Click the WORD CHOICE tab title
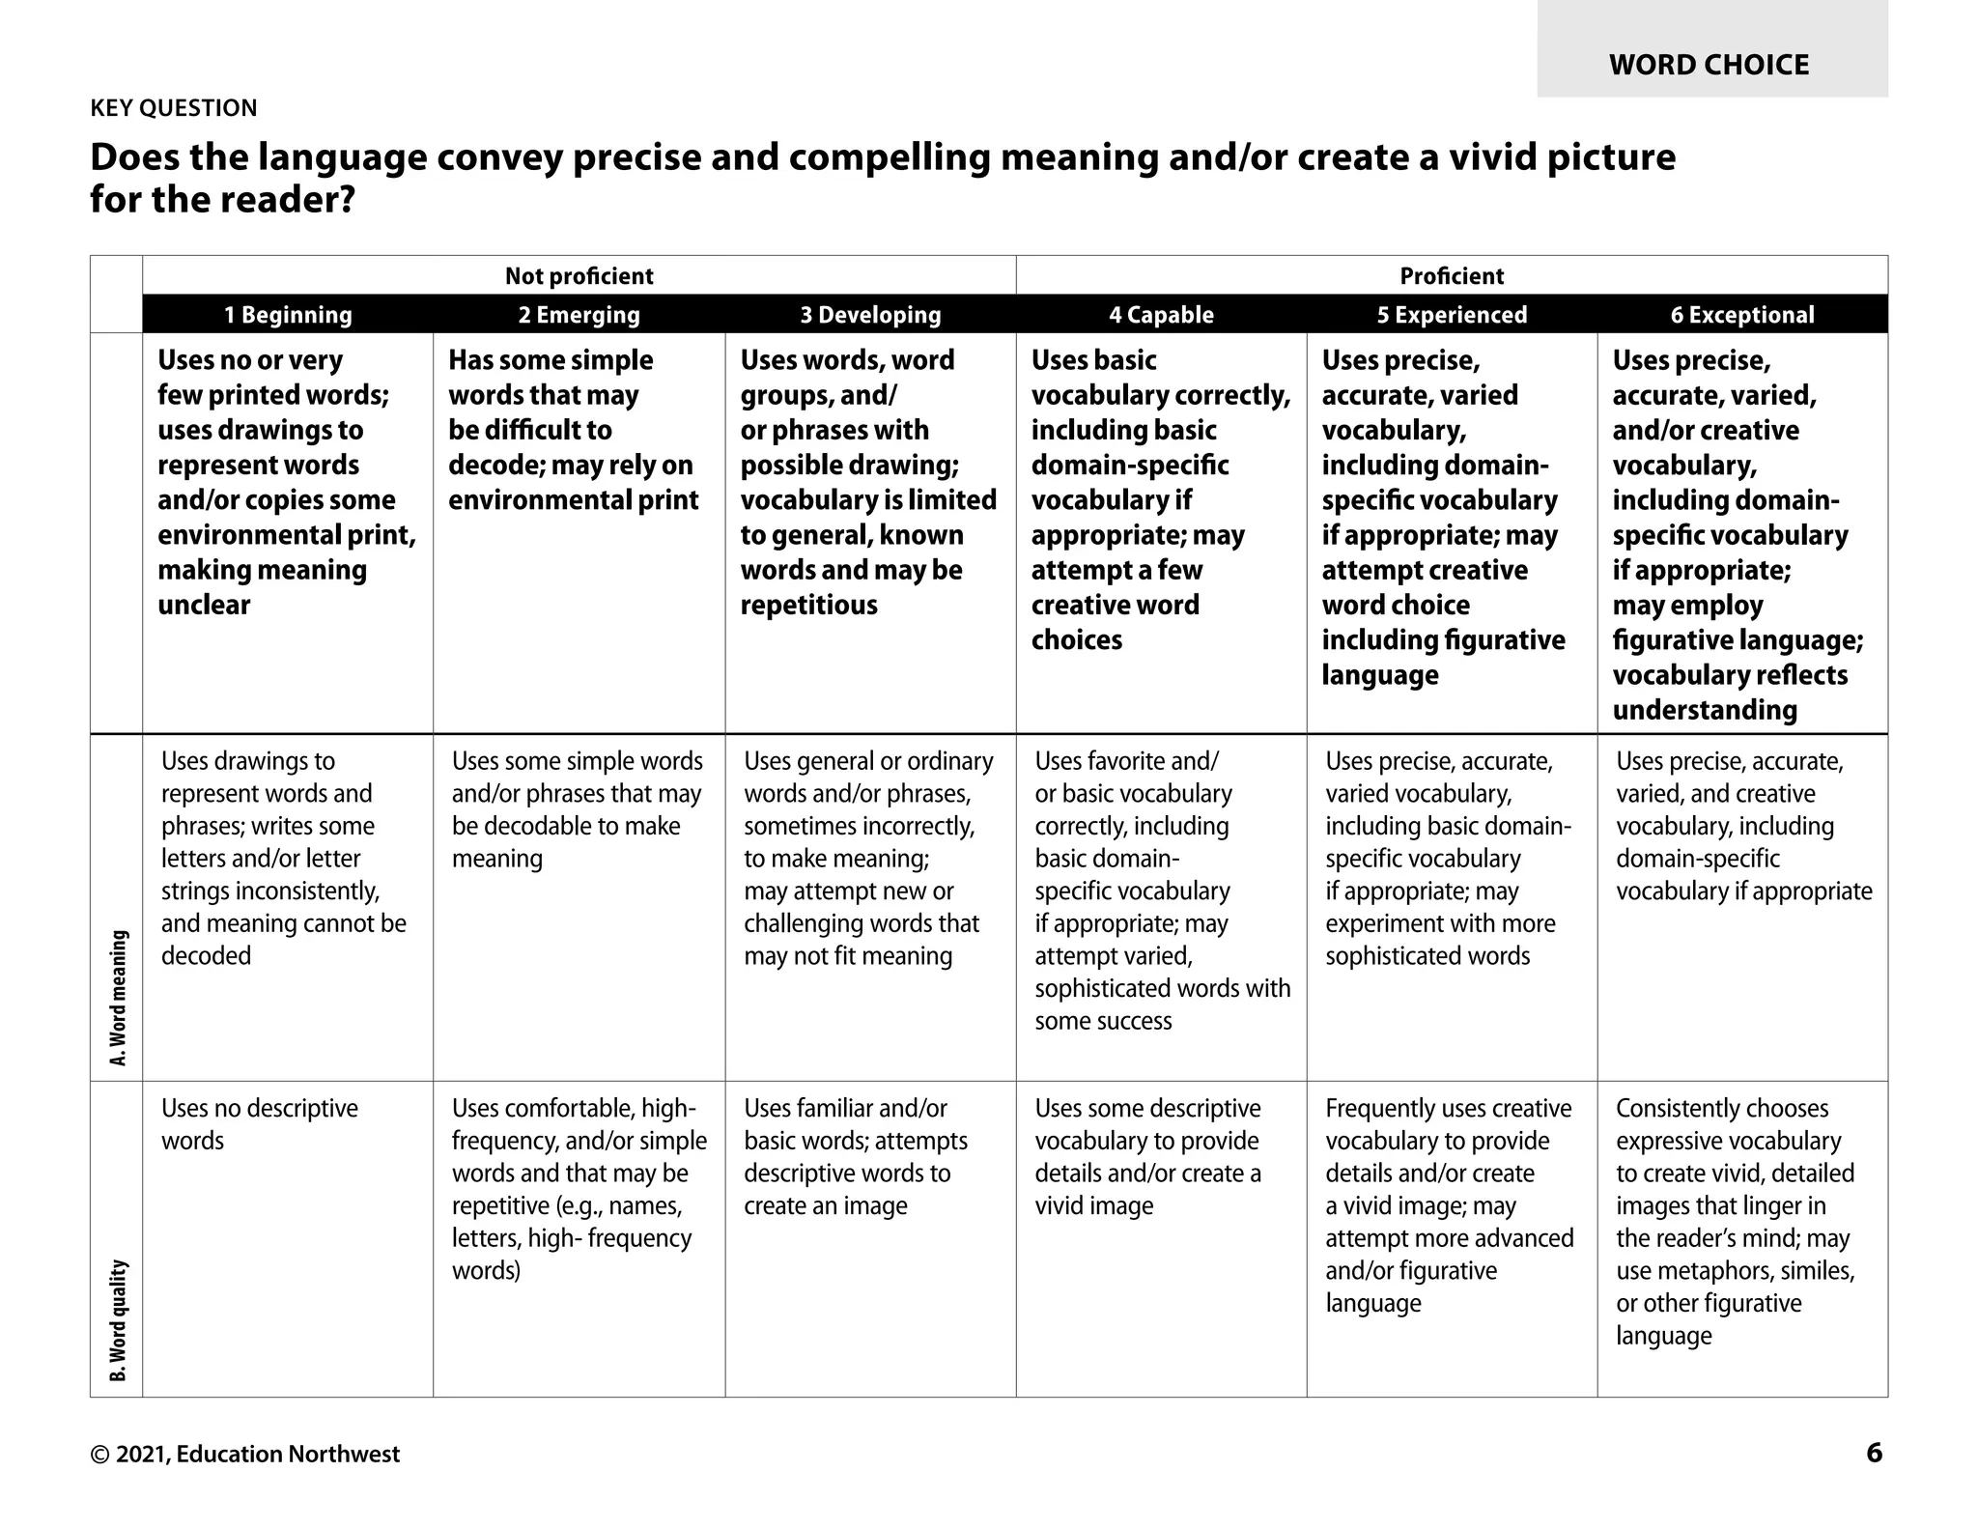1709,65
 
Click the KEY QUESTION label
174,107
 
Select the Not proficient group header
579,276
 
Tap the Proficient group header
1452,276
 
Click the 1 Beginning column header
288,315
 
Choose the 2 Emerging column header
579,315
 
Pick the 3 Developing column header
870,315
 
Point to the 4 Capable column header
1161,315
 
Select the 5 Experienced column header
1452,315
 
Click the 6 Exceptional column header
1742,315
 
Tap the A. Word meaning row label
118,998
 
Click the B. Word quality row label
118,1319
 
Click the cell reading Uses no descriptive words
259,1124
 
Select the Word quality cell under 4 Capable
1147,1157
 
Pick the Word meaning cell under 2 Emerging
577,809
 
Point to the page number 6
1874,1453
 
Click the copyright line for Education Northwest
244,1454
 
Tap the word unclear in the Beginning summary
204,606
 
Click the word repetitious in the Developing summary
808,606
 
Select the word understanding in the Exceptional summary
1704,710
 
